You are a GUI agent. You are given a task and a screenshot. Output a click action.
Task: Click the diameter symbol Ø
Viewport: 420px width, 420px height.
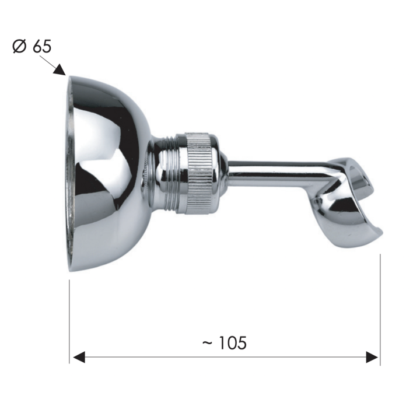pos(20,47)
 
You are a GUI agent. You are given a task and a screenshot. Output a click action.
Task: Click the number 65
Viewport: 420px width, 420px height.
pos(42,47)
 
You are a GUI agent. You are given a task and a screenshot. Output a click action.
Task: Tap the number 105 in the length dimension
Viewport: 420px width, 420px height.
pos(233,343)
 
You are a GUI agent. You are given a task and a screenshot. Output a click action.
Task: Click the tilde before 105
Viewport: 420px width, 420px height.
pos(208,342)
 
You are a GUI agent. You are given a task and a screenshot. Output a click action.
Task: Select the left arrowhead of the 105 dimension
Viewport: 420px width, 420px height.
pos(79,357)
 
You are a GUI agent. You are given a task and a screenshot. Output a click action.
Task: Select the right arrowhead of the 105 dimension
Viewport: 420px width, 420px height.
pos(372,357)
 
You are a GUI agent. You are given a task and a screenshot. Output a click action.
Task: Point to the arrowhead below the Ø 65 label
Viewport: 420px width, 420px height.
pos(60,69)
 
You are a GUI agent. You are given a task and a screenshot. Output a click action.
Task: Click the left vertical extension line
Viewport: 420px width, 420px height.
pos(69,321)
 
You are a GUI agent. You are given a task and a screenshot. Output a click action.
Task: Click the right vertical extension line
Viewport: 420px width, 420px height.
pos(380,309)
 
